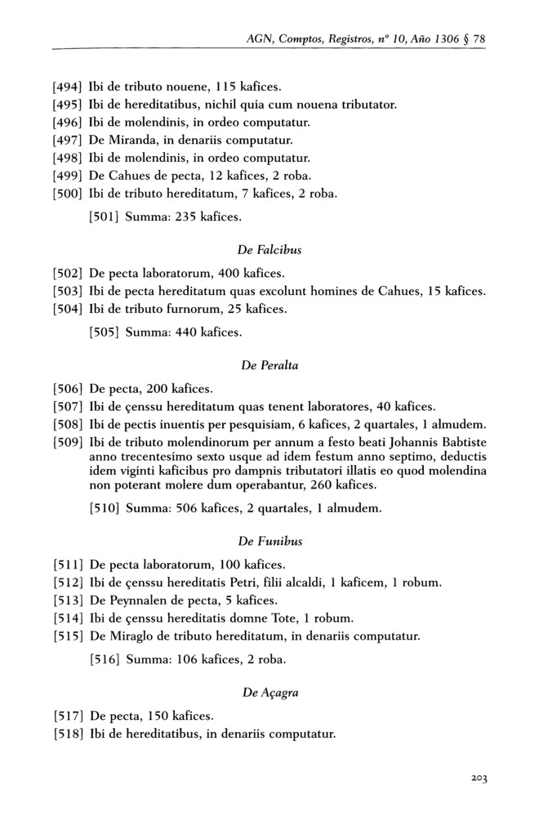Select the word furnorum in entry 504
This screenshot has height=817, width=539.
[182, 309]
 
